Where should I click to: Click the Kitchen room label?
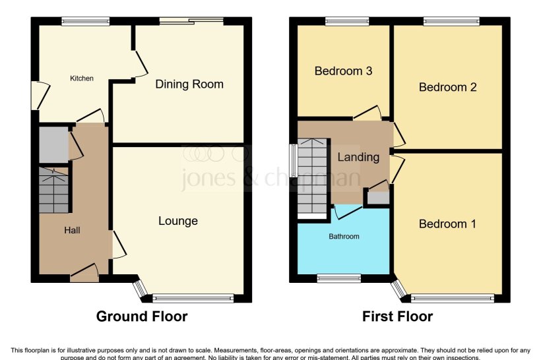click(x=82, y=78)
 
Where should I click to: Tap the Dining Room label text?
click(x=189, y=84)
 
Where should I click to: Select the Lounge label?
click(x=177, y=221)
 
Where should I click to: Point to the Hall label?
click(x=72, y=230)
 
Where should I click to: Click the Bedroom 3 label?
click(x=343, y=71)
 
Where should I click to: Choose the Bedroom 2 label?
click(x=447, y=87)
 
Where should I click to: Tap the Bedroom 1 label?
click(x=447, y=224)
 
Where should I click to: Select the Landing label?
click(x=358, y=157)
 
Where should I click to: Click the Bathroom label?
click(x=344, y=237)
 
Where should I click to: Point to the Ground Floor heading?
click(x=142, y=316)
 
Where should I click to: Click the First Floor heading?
click(x=397, y=316)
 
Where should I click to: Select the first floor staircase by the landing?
click(x=312, y=178)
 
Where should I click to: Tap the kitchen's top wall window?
click(x=86, y=22)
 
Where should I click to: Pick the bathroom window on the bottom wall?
click(x=338, y=278)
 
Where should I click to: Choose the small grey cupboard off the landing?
click(x=378, y=197)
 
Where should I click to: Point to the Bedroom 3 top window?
click(x=346, y=22)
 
